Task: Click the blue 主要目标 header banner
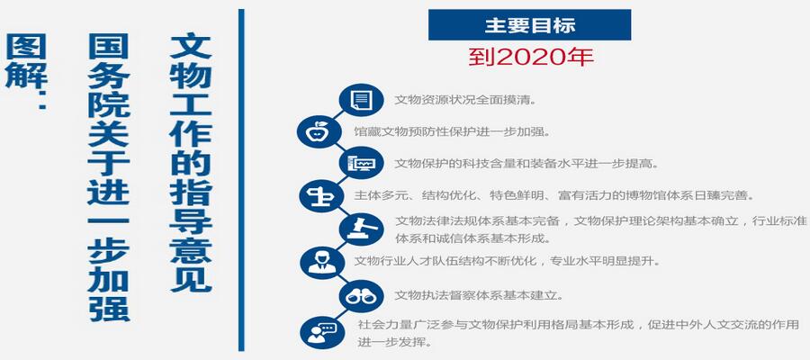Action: click(529, 25)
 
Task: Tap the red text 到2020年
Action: click(531, 57)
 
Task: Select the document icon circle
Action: click(361, 100)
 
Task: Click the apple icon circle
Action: click(319, 131)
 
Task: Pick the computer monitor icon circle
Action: click(361, 164)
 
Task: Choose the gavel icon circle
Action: click(361, 229)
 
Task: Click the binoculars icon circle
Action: click(361, 296)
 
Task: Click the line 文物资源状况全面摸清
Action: click(465, 100)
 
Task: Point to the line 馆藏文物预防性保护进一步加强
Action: click(453, 131)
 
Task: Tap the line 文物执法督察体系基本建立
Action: click(479, 296)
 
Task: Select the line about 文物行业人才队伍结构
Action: click(508, 261)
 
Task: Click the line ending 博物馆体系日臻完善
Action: click(554, 196)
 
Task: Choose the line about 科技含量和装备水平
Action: click(527, 164)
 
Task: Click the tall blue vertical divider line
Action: click(241, 180)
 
